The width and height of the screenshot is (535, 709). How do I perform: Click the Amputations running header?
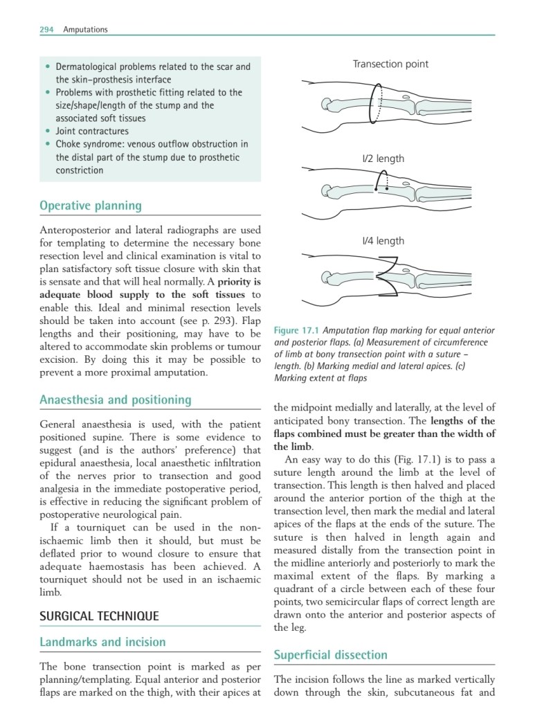85,29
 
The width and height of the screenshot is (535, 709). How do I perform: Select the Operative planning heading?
91,206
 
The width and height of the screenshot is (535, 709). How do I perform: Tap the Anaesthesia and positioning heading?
115,400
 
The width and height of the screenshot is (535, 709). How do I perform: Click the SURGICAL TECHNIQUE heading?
99,616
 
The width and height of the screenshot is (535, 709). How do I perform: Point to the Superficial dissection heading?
331,654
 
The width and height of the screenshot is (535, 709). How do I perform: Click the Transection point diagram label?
390,64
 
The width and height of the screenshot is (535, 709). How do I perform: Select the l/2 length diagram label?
383,159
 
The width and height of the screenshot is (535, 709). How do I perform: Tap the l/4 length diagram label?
383,241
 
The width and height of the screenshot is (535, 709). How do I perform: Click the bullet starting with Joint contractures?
92,131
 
